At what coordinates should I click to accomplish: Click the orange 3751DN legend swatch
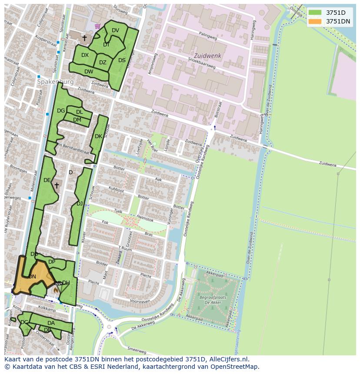[315, 21]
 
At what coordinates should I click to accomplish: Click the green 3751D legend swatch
[315, 13]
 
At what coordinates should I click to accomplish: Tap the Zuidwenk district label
[207, 56]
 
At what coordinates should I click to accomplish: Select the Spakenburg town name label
[55, 82]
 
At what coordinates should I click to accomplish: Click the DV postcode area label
[115, 30]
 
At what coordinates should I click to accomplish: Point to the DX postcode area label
[85, 55]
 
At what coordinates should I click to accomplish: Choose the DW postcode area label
[89, 72]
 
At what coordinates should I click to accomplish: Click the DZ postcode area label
[103, 63]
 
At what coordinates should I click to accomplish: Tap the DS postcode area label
[122, 60]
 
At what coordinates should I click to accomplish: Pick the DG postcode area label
[61, 111]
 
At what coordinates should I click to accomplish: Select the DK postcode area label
[98, 136]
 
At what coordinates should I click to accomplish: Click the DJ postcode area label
[80, 203]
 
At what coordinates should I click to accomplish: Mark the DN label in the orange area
[32, 276]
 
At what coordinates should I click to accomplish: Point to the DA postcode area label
[51, 323]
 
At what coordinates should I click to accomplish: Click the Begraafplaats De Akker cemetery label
[213, 299]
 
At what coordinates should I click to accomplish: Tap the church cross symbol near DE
[57, 185]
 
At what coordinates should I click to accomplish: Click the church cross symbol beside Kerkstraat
[84, 38]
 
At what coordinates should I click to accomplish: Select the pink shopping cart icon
[97, 26]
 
